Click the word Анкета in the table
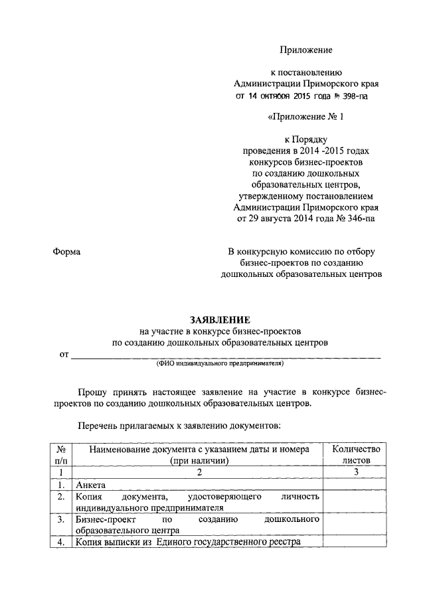[90, 485]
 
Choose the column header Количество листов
[356, 455]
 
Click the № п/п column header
[61, 455]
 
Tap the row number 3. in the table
[61, 519]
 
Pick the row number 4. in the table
[61, 542]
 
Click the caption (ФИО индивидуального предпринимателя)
[220, 365]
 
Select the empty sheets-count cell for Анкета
[356, 485]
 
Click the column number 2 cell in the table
[198, 472]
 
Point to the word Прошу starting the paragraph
[92, 392]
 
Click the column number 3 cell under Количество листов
[356, 472]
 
